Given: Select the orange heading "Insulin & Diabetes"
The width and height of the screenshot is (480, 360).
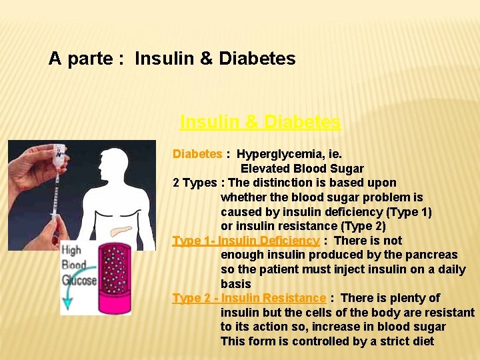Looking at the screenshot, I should click(x=260, y=122).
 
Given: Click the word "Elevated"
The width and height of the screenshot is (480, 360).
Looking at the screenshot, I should click(x=264, y=169).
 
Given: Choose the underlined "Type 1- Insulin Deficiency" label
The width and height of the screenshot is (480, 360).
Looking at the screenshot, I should click(x=245, y=241).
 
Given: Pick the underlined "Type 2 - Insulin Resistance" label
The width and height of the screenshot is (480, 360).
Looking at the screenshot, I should click(x=249, y=298).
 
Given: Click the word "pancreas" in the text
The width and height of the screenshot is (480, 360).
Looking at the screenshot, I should click(x=434, y=255).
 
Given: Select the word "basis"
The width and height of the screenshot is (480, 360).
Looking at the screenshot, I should click(x=236, y=284).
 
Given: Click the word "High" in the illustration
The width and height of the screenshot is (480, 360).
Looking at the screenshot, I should click(x=72, y=251).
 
